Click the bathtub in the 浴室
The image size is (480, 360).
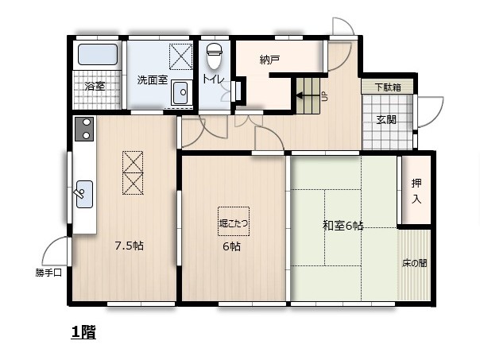98,55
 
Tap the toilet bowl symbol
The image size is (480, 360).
214,56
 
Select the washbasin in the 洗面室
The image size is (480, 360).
180,92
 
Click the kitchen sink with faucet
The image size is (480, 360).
84,195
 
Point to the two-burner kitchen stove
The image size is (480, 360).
84,129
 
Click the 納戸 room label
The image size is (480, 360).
269,60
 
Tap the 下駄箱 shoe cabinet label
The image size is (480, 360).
388,87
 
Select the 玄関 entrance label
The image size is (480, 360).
386,119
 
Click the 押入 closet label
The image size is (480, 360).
416,192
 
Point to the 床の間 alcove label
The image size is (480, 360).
414,263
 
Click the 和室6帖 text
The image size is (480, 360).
343,226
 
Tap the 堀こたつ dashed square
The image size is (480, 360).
234,222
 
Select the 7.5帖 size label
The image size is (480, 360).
130,246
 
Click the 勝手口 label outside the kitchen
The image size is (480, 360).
48,273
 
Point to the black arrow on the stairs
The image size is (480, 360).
308,96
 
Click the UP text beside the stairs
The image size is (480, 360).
324,97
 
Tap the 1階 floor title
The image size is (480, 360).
83,332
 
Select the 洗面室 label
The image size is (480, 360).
152,80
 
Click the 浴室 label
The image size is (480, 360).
95,86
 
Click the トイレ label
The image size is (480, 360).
213,79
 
